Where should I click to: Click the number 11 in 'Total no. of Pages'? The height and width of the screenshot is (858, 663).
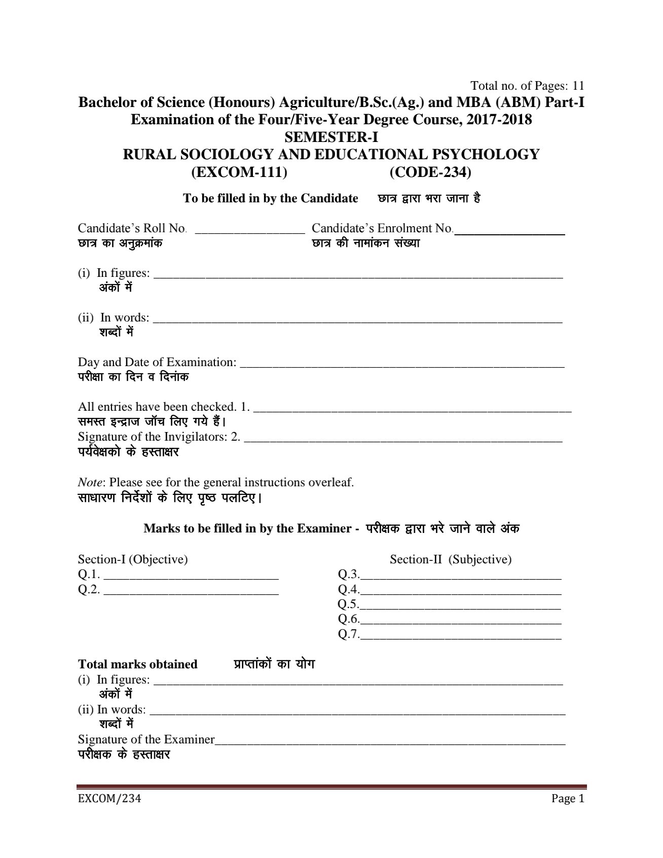click(x=577, y=85)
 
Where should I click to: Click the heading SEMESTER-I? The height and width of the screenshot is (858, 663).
click(x=331, y=137)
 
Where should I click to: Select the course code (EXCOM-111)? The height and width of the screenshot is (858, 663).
click(x=239, y=172)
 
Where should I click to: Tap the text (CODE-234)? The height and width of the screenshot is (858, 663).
click(x=430, y=172)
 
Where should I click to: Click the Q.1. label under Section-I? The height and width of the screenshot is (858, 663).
click(x=89, y=575)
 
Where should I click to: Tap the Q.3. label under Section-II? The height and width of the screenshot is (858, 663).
click(x=349, y=575)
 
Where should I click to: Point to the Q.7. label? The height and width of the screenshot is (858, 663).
click(x=349, y=634)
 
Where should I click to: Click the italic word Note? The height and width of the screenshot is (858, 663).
click(x=91, y=482)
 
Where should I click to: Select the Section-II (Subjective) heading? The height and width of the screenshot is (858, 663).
click(x=450, y=559)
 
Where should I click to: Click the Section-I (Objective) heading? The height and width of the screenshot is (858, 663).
click(x=133, y=559)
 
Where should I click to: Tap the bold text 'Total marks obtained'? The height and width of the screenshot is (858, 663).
click(x=137, y=664)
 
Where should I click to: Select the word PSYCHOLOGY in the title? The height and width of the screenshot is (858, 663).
click(x=487, y=155)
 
